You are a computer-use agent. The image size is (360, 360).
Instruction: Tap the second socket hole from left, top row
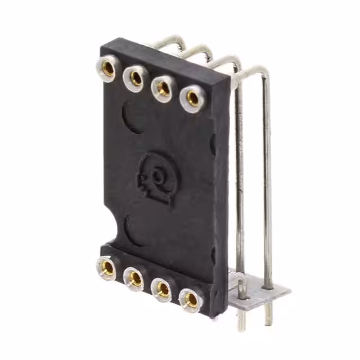[136, 78]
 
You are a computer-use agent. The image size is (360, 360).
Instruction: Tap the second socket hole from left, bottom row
[135, 277]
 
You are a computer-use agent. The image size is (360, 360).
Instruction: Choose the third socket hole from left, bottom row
[163, 289]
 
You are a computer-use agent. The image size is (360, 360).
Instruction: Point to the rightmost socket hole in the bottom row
[191, 299]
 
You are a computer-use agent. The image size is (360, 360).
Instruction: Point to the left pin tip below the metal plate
[241, 321]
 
